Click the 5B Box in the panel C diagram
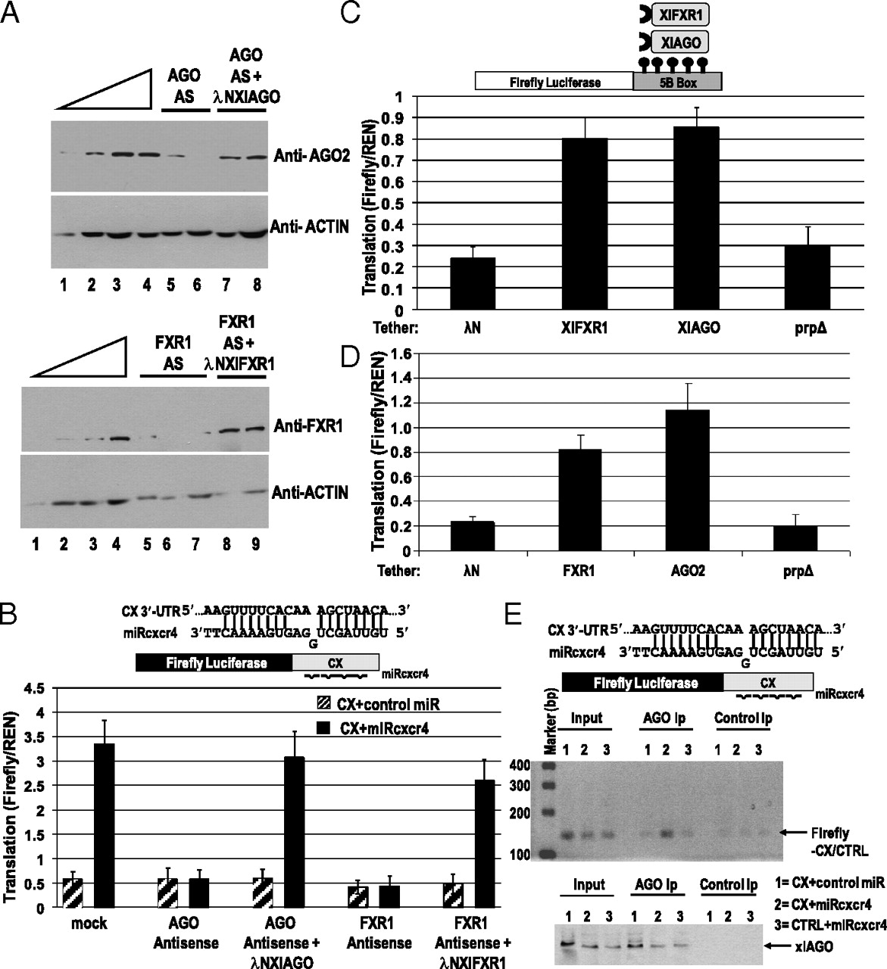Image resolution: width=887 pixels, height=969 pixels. (676, 81)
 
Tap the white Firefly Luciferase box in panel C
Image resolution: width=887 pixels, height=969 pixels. (554, 81)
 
